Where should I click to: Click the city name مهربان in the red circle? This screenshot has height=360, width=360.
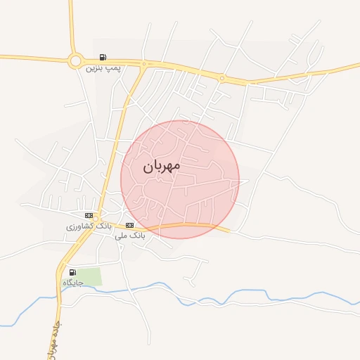click(161, 166)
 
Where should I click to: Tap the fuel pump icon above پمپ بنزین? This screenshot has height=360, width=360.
click(103, 58)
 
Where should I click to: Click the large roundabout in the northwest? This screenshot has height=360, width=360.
click(75, 60)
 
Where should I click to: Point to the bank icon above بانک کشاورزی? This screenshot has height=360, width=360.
click(89, 215)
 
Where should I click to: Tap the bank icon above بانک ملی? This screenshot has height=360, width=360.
click(128, 225)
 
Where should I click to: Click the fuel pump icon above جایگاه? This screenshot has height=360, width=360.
click(72, 272)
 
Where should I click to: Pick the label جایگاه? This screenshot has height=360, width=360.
click(72, 283)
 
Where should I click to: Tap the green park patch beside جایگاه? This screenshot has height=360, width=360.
click(89, 277)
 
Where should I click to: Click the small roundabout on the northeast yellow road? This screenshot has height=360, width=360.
click(222, 78)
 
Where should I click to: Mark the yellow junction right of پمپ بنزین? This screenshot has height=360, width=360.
click(143, 65)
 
